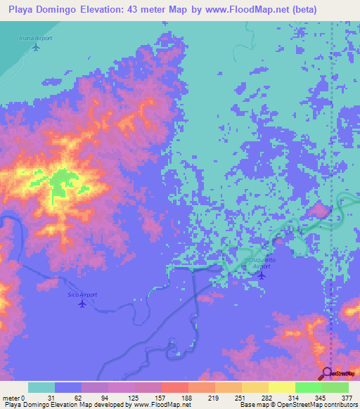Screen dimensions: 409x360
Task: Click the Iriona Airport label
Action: point(36,39)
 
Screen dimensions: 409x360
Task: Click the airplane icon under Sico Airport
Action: point(83,304)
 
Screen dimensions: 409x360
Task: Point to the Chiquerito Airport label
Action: point(259,264)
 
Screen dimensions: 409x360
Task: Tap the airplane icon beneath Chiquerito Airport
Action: point(262,275)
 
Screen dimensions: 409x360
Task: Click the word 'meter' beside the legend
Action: point(10,398)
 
